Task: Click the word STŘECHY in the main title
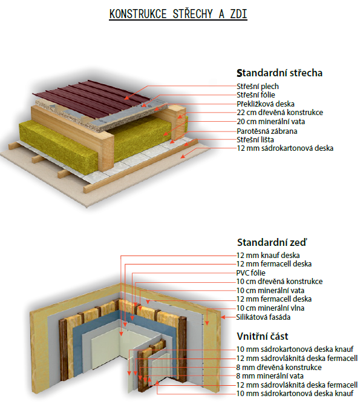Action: click(x=192, y=14)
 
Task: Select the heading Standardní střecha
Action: click(x=280, y=73)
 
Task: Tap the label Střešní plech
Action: click(x=258, y=86)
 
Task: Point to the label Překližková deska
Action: click(x=266, y=104)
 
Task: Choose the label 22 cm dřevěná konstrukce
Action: click(x=280, y=113)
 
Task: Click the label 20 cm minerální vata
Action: click(x=271, y=122)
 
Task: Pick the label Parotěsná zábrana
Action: click(x=267, y=131)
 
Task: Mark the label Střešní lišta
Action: click(x=255, y=140)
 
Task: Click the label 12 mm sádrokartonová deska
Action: click(x=285, y=148)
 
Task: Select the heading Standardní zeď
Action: click(x=272, y=242)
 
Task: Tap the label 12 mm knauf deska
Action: click(x=268, y=255)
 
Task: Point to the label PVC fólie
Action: click(x=251, y=273)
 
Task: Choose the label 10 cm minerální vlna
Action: click(x=270, y=308)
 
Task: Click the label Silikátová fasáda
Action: click(x=263, y=317)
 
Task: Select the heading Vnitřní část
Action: click(x=263, y=336)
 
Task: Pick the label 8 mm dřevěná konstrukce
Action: click(x=279, y=367)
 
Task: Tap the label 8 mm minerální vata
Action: click(x=270, y=376)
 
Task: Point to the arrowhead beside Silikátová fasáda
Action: click(x=223, y=317)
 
